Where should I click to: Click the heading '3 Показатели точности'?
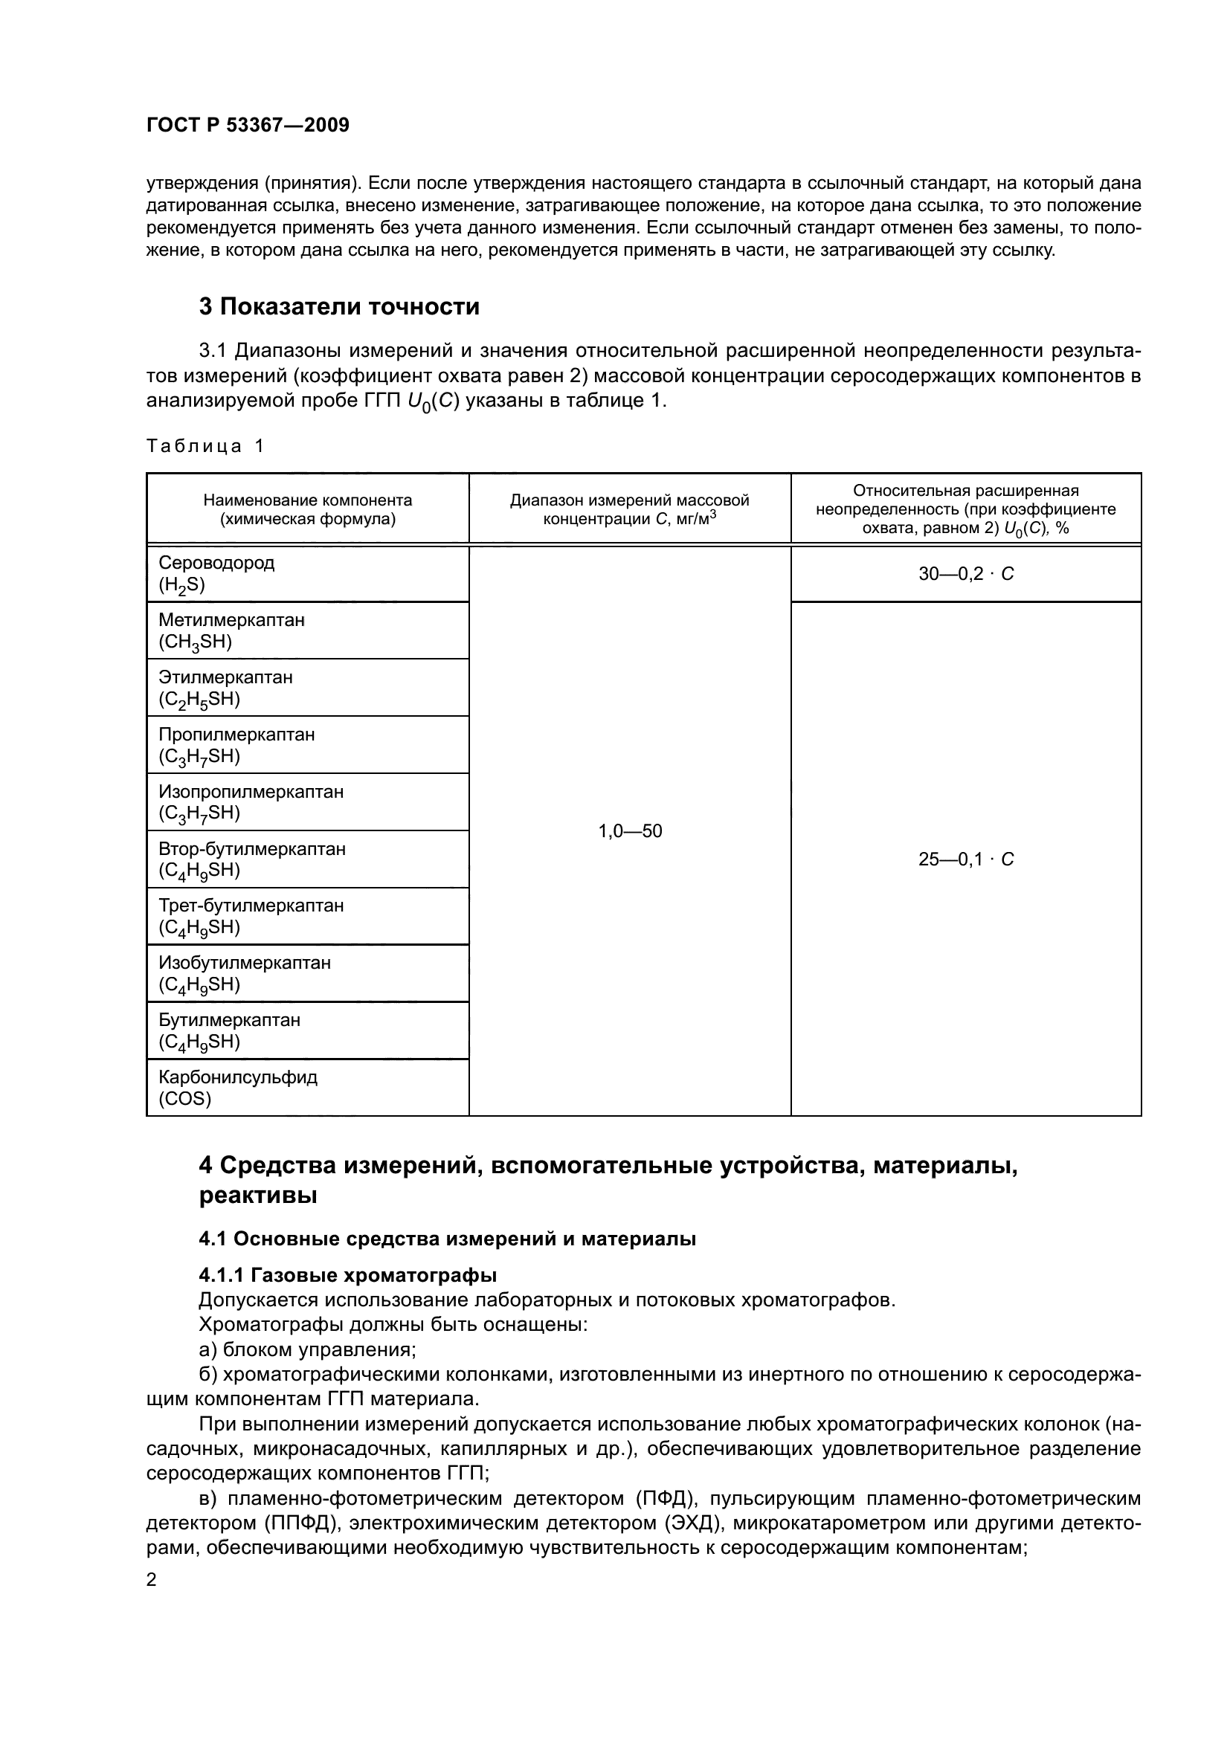(339, 307)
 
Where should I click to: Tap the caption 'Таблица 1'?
(205, 446)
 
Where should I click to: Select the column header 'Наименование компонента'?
(308, 500)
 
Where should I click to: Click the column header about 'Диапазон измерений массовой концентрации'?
(629, 509)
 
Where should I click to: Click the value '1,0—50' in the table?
(630, 832)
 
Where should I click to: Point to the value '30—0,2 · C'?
(966, 574)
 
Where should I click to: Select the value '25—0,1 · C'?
(966, 859)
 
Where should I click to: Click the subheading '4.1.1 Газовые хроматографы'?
(347, 1276)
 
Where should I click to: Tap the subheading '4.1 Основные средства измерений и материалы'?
(447, 1239)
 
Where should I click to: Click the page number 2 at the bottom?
(152, 1580)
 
